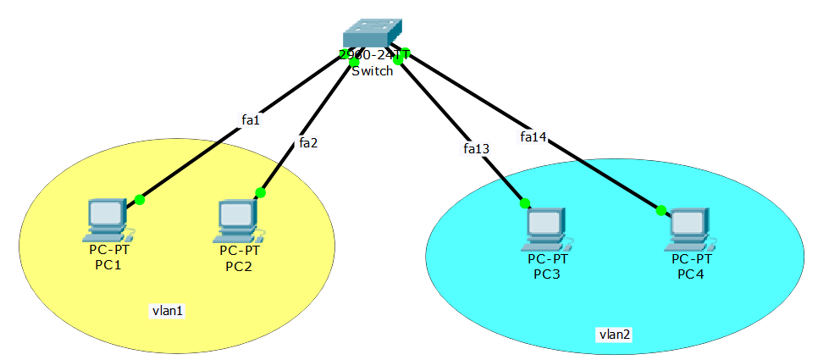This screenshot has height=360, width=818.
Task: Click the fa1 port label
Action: pyautogui.click(x=250, y=120)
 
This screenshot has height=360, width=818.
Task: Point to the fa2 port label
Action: pyautogui.click(x=308, y=142)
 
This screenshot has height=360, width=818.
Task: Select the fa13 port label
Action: pyautogui.click(x=477, y=148)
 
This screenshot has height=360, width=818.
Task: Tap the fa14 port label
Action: pyautogui.click(x=533, y=136)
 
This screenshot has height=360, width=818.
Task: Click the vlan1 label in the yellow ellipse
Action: pyautogui.click(x=168, y=311)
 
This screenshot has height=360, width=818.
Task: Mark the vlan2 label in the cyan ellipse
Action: pyautogui.click(x=614, y=334)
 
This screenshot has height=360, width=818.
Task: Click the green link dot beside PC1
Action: pyautogui.click(x=140, y=200)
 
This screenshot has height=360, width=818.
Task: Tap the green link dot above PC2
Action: pyautogui.click(x=260, y=193)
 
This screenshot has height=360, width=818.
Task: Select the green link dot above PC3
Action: pyautogui.click(x=525, y=202)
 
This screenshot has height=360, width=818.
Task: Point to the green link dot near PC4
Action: pyautogui.click(x=660, y=210)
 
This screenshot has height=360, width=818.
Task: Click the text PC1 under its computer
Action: pyautogui.click(x=108, y=265)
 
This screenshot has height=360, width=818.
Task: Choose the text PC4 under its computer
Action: pyautogui.click(x=690, y=274)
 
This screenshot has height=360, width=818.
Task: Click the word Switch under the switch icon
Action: pyautogui.click(x=373, y=71)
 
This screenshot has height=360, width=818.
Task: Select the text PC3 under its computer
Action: pyautogui.click(x=547, y=274)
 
